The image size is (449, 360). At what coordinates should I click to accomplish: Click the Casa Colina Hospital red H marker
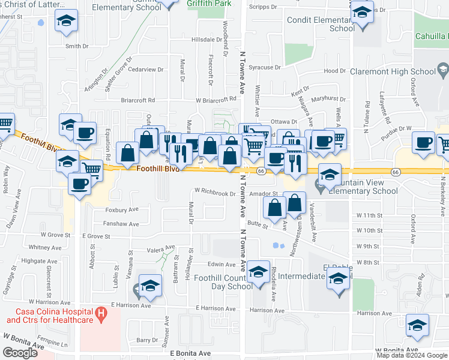click(101, 313)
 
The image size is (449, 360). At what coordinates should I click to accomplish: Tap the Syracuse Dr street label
click(265, 68)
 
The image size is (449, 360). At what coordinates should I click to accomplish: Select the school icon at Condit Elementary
click(362, 13)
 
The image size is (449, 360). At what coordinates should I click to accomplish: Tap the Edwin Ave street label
click(221, 264)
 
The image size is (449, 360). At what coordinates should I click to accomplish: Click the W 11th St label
click(369, 215)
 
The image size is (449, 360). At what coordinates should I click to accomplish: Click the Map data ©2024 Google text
click(412, 355)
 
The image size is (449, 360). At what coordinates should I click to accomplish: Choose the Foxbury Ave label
click(122, 210)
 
